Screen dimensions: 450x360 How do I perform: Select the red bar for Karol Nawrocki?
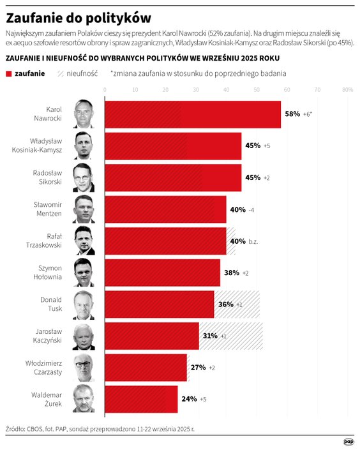point(191,114)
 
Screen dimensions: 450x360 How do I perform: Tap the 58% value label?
point(292,114)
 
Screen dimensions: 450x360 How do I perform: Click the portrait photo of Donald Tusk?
point(84,304)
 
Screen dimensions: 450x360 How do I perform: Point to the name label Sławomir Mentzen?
point(48,209)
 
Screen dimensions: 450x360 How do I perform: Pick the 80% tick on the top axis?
point(348,90)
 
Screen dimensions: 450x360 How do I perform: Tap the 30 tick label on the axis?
point(195,90)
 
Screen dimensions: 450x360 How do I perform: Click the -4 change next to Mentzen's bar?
point(251,209)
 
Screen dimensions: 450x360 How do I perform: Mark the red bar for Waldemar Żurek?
point(140,400)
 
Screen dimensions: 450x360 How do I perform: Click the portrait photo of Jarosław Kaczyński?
point(84,336)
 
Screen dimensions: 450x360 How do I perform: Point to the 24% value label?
point(189,400)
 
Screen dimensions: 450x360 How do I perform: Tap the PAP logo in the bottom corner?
point(349,441)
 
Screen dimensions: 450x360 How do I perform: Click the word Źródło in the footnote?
point(15,429)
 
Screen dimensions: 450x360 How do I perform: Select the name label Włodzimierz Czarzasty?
point(49,368)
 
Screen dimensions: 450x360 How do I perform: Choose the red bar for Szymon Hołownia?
point(161,273)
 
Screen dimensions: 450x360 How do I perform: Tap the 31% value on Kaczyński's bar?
point(210,336)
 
